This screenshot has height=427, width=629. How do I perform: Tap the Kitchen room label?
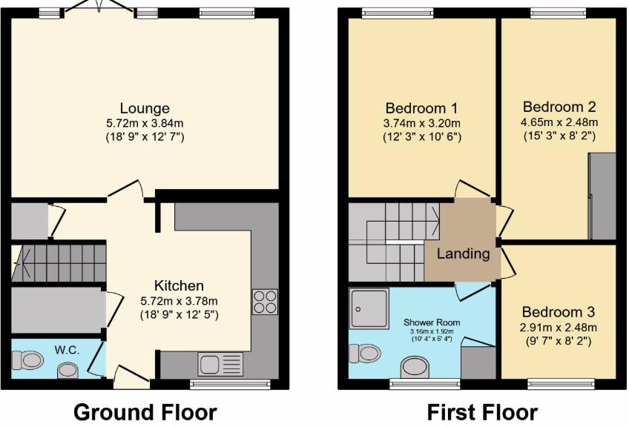(x=179, y=285)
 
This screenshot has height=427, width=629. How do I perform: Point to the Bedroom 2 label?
(x=559, y=107)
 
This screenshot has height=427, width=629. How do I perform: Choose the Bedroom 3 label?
(x=559, y=312)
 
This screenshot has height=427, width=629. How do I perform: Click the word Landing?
(x=463, y=254)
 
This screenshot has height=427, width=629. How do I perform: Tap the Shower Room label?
(x=432, y=322)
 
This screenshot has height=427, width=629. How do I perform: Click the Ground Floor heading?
(x=145, y=411)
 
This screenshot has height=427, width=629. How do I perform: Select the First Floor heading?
(x=482, y=411)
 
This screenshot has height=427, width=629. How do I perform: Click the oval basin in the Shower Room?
(x=415, y=367)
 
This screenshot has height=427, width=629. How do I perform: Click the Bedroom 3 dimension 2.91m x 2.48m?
(x=559, y=327)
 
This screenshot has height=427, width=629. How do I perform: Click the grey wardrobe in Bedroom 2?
(x=602, y=196)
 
